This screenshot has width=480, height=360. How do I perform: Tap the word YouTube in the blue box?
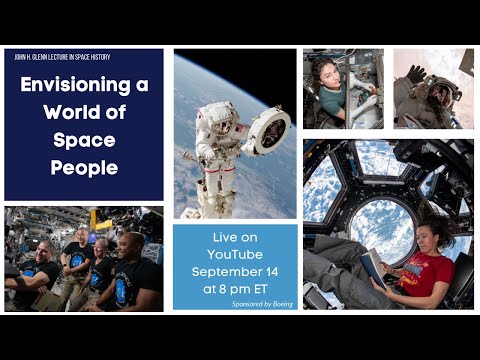click(235, 254)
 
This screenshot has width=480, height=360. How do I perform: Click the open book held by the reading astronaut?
click(372, 267)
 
